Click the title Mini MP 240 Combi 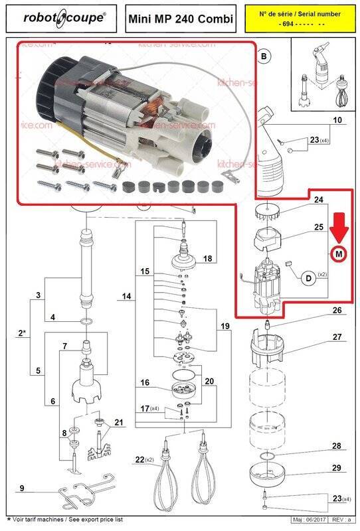tap(181, 19)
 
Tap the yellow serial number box tap(300, 19)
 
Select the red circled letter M tap(339, 254)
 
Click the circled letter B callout tap(264, 57)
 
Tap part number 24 tap(318, 200)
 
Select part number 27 tap(337, 337)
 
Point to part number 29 tap(337, 468)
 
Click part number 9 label tap(22, 489)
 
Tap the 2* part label tap(22, 334)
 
